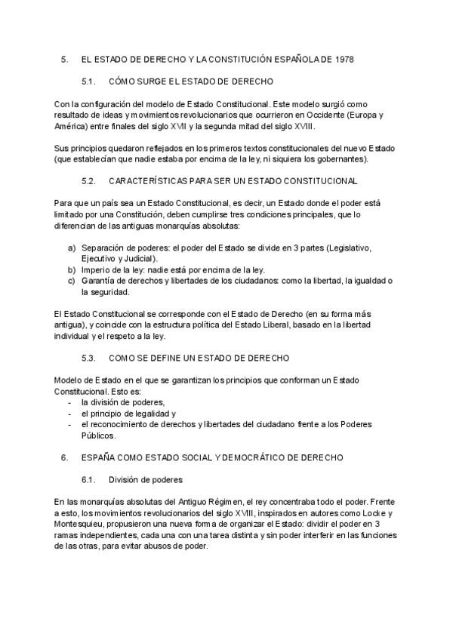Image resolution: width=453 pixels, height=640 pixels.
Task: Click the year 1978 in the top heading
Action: pyautogui.click(x=343, y=58)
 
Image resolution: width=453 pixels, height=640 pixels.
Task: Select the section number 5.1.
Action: pyautogui.click(x=88, y=80)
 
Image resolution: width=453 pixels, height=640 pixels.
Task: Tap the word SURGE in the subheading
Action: pyautogui.click(x=155, y=80)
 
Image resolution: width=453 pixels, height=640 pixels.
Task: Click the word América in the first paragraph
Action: pyautogui.click(x=71, y=126)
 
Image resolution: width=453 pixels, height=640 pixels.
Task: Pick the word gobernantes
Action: pyautogui.click(x=342, y=159)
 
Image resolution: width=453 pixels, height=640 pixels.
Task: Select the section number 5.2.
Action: pyautogui.click(x=88, y=181)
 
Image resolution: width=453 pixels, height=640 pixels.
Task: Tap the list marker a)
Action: pyautogui.click(x=72, y=248)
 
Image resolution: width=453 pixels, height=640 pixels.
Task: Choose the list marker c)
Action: pyautogui.click(x=72, y=281)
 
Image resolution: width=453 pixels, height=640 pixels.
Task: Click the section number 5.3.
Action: pyautogui.click(x=88, y=358)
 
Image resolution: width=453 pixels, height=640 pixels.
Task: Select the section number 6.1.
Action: pyautogui.click(x=88, y=479)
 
